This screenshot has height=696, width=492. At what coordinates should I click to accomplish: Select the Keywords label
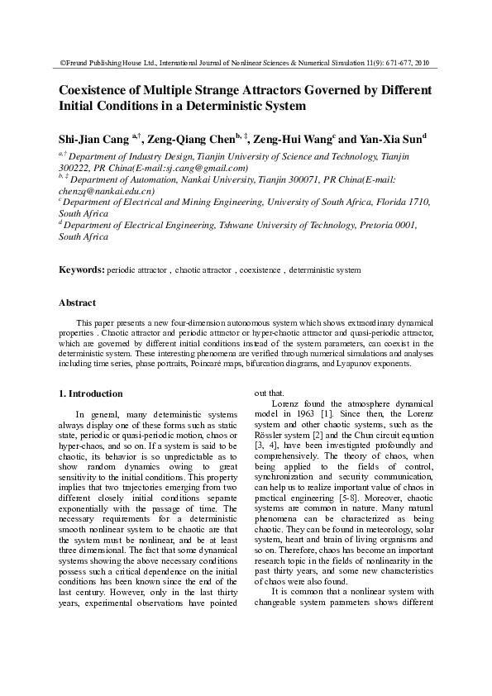[x=81, y=269]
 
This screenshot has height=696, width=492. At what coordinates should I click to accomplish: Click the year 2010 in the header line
[x=422, y=62]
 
